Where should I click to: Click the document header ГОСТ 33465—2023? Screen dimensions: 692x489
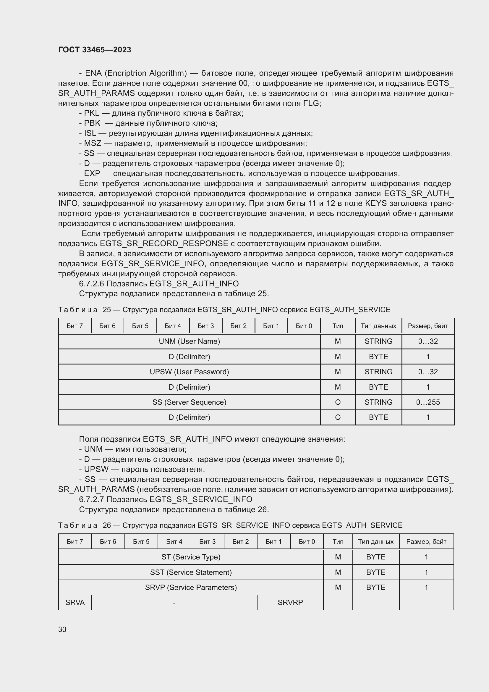tap(95, 50)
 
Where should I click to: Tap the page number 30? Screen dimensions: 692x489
tap(62, 629)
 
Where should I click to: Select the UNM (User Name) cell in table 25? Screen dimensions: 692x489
tap(189, 341)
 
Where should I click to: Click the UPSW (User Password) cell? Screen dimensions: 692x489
tap(189, 372)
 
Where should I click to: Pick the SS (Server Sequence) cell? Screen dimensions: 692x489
tap(189, 402)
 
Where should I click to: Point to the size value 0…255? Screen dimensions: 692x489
tap(428, 402)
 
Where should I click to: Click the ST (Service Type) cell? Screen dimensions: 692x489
tap(191, 557)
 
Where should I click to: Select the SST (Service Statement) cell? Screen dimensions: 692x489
tap(191, 572)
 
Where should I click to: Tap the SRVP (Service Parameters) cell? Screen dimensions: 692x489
tap(191, 587)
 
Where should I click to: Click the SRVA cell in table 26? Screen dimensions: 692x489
tap(75, 602)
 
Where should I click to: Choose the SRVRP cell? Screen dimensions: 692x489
tap(290, 602)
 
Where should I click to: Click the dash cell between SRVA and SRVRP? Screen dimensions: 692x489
tap(174, 602)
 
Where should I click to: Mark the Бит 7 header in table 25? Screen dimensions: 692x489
tap(75, 326)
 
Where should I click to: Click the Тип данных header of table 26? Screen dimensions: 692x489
tap(375, 542)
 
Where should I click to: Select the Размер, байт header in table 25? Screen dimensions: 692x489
tap(428, 326)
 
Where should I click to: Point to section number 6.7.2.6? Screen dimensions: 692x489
tap(92, 284)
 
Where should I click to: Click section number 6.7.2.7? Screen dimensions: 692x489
tap(92, 499)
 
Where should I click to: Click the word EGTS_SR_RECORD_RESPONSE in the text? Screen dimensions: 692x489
tap(164, 243)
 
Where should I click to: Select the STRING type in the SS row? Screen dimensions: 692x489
tap(378, 402)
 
